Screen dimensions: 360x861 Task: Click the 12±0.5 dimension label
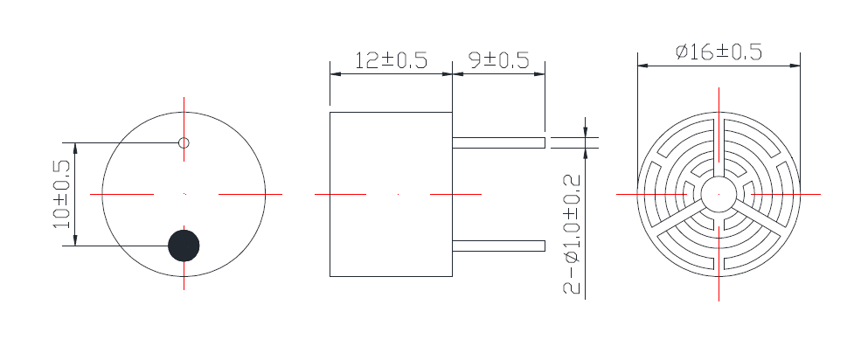pyautogui.click(x=391, y=60)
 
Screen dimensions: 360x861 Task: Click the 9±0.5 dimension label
pyautogui.click(x=499, y=60)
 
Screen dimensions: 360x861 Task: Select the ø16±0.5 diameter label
pyautogui.click(x=719, y=52)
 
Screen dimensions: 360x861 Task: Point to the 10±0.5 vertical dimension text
pyautogui.click(x=62, y=194)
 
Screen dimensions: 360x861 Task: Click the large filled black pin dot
pyautogui.click(x=184, y=246)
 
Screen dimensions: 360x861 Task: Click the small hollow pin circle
pyautogui.click(x=184, y=142)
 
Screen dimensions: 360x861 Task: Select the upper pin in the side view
pyautogui.click(x=498, y=142)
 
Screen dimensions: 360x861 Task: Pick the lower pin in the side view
pyautogui.click(x=498, y=246)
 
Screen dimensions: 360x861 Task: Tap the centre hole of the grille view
pyautogui.click(x=719, y=193)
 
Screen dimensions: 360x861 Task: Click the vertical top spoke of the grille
pyautogui.click(x=719, y=144)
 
